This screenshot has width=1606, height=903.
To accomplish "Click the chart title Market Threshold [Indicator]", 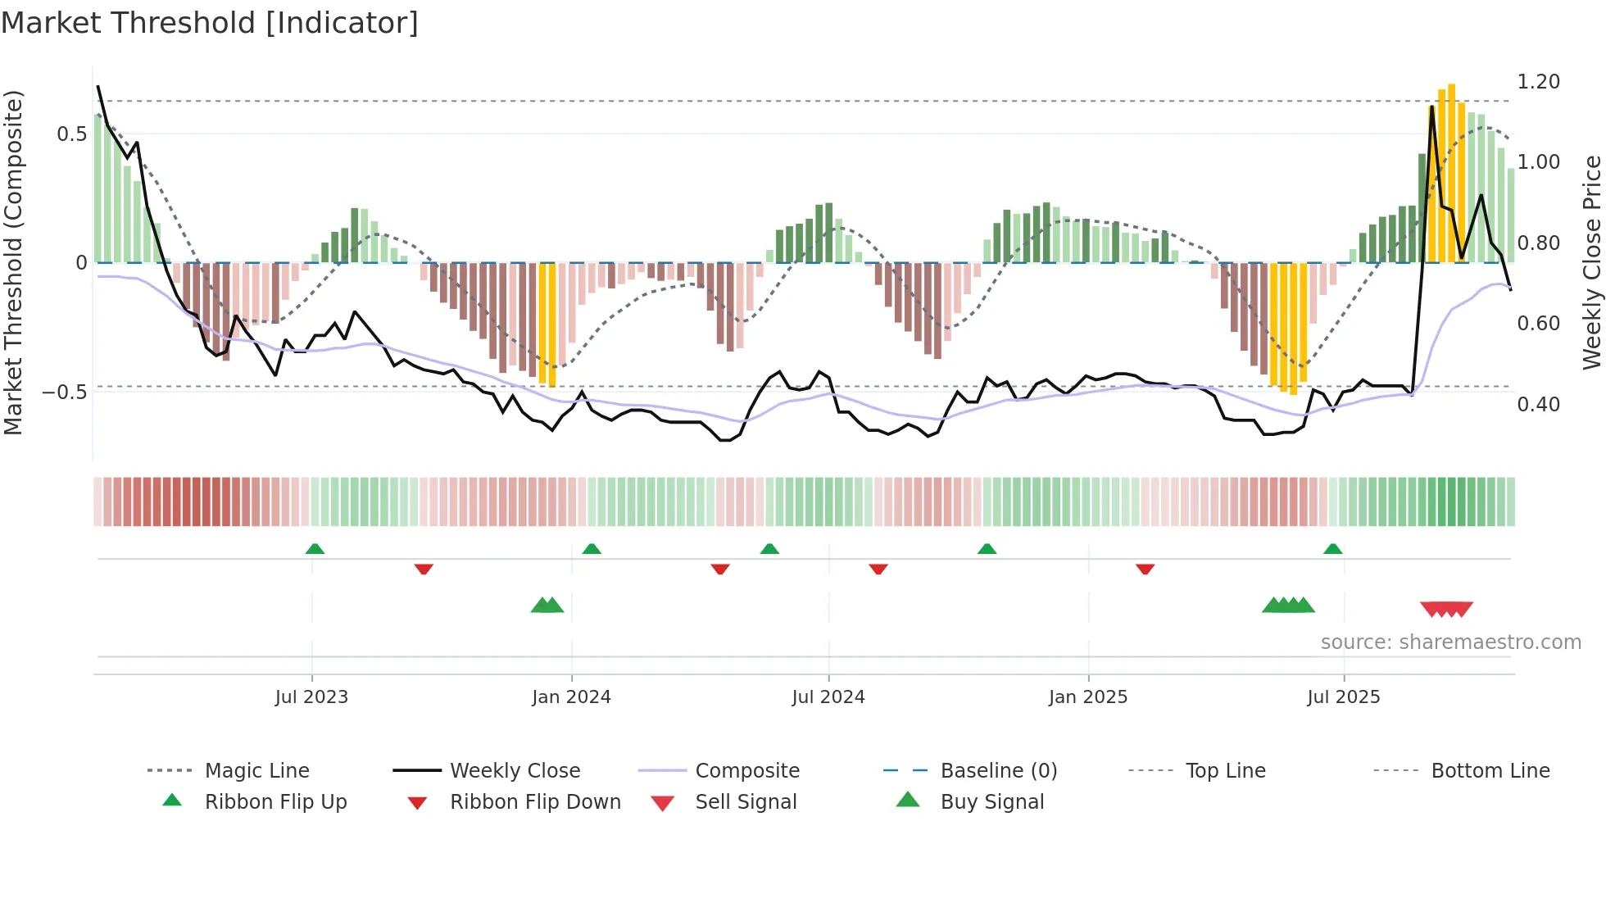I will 210,23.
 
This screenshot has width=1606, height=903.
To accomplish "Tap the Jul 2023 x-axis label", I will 311,697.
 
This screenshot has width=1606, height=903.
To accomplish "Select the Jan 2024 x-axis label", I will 571,697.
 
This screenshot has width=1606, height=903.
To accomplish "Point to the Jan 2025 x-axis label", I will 1088,697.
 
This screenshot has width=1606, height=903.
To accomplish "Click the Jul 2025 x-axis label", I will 1344,697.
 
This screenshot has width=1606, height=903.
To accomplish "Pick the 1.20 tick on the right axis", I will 1538,82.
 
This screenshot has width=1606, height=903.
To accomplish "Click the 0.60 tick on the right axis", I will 1538,324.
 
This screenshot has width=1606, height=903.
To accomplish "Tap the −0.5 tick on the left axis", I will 64,393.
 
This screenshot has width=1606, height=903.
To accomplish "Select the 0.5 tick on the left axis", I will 71,134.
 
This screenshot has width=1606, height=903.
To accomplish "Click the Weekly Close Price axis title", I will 1591,262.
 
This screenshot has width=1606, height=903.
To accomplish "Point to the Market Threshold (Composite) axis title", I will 13,262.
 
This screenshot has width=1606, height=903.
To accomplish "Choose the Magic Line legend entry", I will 256,771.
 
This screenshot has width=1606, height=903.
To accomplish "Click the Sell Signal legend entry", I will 746,802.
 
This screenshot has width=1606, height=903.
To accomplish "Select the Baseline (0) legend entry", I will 998,771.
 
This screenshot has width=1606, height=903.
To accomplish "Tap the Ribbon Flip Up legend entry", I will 275,802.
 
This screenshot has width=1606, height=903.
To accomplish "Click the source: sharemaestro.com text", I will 1450,642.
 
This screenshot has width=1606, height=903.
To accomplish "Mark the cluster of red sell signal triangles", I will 1446,609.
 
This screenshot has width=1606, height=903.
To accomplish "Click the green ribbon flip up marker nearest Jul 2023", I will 315,549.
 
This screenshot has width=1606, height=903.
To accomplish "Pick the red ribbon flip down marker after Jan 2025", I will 1145,569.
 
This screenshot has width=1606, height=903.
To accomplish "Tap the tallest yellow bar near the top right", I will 1451,172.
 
